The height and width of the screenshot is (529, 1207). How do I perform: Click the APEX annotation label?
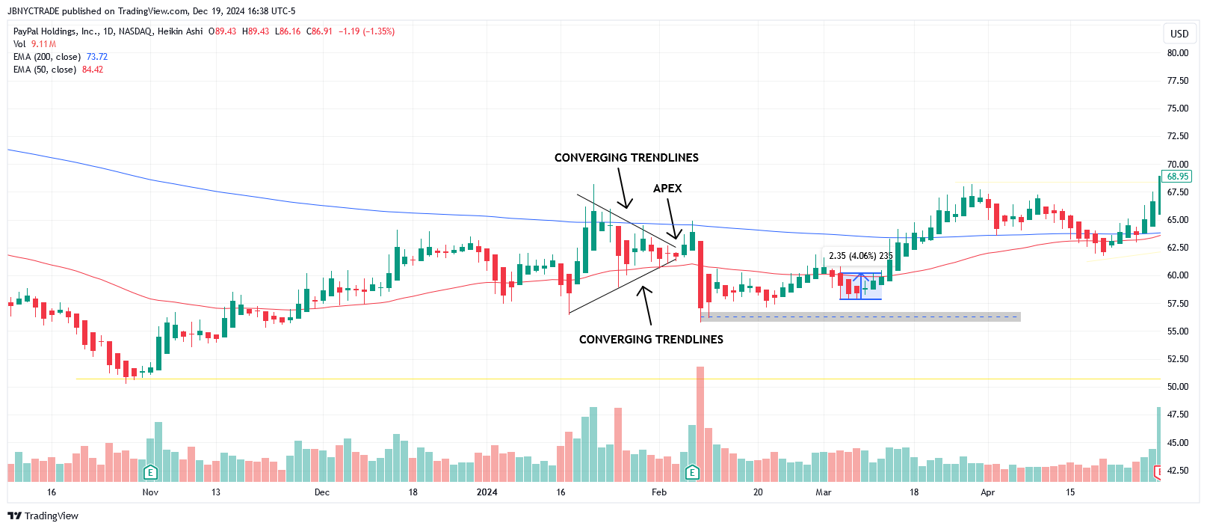click(667, 189)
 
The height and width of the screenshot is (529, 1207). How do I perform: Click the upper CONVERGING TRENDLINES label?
click(626, 158)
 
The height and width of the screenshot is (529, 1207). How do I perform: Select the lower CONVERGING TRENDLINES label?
click(651, 340)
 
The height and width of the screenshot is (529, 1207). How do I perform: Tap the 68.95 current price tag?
click(1177, 177)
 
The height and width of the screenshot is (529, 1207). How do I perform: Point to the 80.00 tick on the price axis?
click(1178, 53)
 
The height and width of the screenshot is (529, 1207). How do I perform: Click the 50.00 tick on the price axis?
click(1178, 387)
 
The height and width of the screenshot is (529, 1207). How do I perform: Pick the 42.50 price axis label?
click(1178, 471)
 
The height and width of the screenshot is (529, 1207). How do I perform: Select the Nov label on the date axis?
click(150, 492)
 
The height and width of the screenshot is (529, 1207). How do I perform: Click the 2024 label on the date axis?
click(487, 492)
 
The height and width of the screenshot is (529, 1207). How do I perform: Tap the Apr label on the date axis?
click(987, 492)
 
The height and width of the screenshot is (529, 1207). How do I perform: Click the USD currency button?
click(1179, 34)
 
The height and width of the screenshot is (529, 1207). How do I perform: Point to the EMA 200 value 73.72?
click(97, 57)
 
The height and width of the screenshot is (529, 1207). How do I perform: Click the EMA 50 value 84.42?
click(93, 70)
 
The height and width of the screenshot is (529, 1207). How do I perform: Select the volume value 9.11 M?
click(43, 44)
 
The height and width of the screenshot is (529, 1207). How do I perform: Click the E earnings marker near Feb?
click(692, 472)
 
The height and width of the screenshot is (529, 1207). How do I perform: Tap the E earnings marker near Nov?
click(150, 472)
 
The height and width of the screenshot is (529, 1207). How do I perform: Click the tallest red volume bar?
click(700, 423)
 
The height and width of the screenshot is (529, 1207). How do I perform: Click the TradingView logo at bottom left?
click(43, 516)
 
